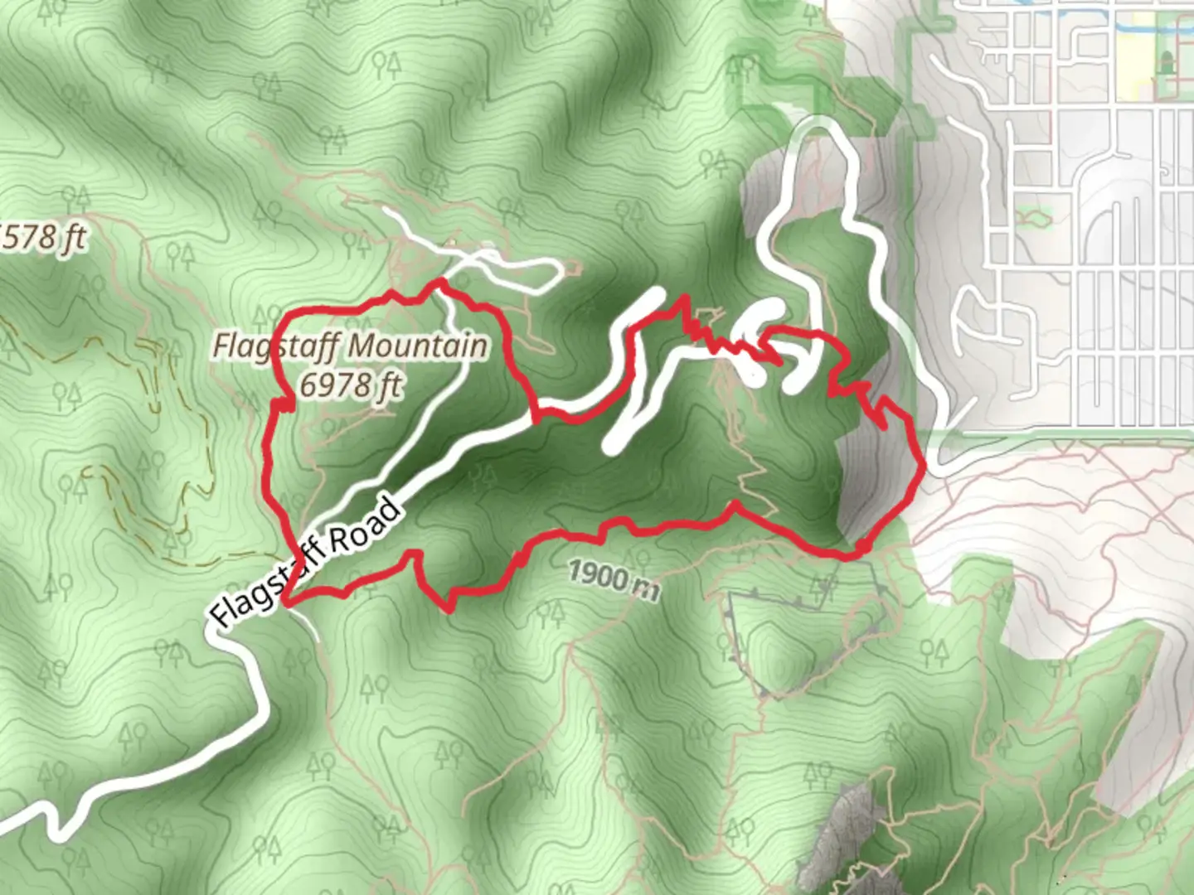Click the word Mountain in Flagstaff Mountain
(x=420, y=346)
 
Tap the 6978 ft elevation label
(x=351, y=385)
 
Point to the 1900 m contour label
(x=614, y=578)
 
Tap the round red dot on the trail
(x=862, y=547)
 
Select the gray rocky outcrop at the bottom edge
(x=837, y=837)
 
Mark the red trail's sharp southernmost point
(x=450, y=609)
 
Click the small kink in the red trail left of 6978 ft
(x=284, y=404)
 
